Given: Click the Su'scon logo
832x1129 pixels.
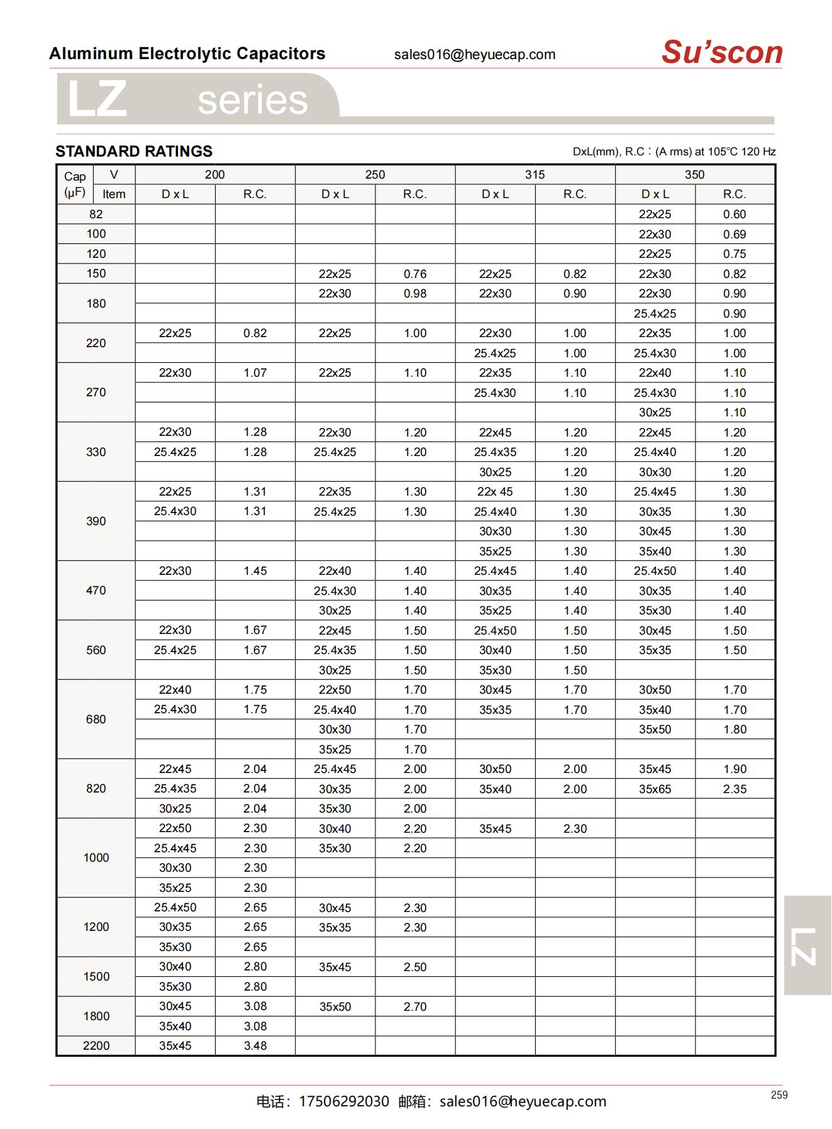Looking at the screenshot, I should point(722,52).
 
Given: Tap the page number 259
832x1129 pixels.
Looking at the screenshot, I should point(779,1095).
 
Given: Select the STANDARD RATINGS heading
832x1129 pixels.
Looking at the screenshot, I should point(134,152).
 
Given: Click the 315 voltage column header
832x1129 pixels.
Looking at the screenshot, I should point(535,175).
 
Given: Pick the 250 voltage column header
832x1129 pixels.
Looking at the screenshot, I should point(375,175).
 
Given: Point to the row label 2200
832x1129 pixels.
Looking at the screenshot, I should point(96,1045).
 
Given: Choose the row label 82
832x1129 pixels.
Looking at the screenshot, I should point(96,214).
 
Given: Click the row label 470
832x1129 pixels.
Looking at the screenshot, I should point(96,591).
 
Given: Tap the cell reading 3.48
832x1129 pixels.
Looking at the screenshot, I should point(255,1045).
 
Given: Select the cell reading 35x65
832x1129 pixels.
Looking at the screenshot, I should point(655,789).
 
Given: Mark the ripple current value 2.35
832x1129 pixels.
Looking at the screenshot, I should point(735,789).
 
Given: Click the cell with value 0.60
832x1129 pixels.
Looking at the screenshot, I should point(735,214).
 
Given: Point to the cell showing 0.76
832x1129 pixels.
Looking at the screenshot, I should point(415,274).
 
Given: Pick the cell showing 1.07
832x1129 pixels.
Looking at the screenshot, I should point(255,373).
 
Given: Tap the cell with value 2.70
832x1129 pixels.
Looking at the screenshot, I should point(415,1006).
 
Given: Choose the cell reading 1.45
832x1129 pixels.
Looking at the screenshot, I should point(255,571).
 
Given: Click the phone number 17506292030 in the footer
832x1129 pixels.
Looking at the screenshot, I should point(344,1101).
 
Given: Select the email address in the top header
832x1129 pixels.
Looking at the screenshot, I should point(475,55).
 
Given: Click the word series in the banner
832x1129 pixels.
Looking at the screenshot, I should point(253,101).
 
